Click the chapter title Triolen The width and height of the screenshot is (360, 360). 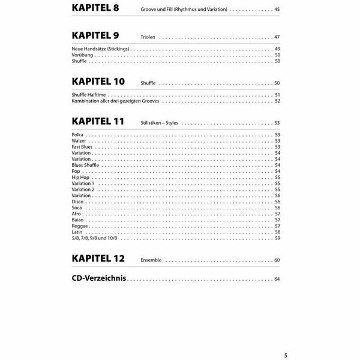pyautogui.click(x=148, y=37)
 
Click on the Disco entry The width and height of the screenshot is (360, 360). pyautogui.click(x=77, y=202)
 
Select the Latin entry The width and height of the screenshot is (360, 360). pyautogui.click(x=76, y=232)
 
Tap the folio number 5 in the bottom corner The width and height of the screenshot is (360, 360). pyautogui.click(x=286, y=355)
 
